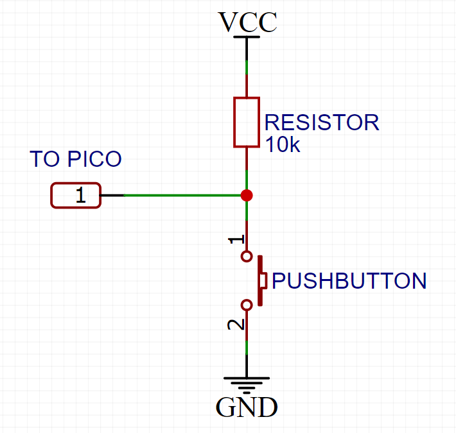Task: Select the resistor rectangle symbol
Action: [247, 122]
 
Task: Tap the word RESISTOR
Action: [321, 123]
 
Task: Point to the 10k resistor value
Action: [282, 145]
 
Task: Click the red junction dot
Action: [247, 195]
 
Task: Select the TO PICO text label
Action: [76, 159]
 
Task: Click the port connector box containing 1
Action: [76, 196]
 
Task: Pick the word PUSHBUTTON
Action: [349, 281]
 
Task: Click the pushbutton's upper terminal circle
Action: [246, 257]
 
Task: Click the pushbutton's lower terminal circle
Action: [246, 305]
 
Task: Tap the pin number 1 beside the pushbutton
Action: [237, 239]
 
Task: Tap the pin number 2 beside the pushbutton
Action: [237, 325]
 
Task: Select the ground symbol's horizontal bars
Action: [247, 383]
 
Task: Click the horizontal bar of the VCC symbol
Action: [247, 37]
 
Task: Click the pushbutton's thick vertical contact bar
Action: [260, 281]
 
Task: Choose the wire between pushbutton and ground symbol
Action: [247, 346]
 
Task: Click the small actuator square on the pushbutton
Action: [264, 281]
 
